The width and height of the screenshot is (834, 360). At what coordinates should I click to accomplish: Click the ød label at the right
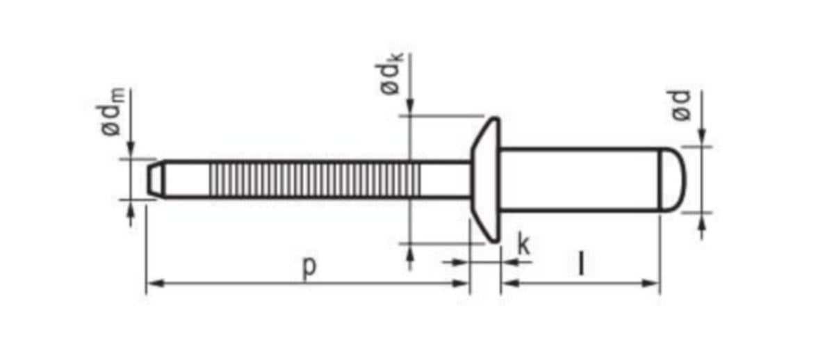coord(682,104)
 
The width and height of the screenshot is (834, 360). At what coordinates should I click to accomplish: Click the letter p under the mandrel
coord(309,266)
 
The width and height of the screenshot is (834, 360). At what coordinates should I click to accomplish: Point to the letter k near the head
coord(524,245)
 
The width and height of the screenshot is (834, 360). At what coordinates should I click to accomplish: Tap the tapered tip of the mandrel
coord(155,179)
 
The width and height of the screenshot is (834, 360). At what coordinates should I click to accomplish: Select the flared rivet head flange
coord(487,180)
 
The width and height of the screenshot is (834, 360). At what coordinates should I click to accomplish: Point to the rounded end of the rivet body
coord(673,179)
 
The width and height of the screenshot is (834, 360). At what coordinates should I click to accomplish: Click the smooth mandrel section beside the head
coord(445,180)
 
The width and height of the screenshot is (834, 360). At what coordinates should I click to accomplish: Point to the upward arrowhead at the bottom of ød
coord(701,221)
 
